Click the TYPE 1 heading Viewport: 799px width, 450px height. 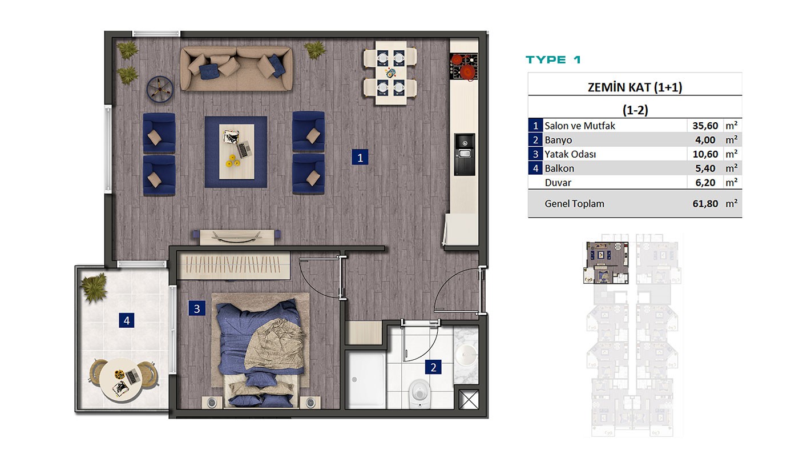pyautogui.click(x=553, y=59)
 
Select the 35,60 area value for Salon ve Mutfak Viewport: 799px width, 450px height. pyautogui.click(x=705, y=126)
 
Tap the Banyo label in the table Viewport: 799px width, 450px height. pyautogui.click(x=558, y=140)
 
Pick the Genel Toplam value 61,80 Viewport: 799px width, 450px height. pyautogui.click(x=705, y=203)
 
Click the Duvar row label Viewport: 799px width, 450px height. pyautogui.click(x=558, y=182)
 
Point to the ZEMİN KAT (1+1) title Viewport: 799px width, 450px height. pyautogui.click(x=635, y=87)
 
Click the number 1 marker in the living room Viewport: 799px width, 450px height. pyautogui.click(x=360, y=158)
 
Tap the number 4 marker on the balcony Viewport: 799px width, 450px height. pyautogui.click(x=127, y=320)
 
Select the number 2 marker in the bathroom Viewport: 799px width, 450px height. pyautogui.click(x=433, y=367)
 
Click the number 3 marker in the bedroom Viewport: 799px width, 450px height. pyautogui.click(x=197, y=308)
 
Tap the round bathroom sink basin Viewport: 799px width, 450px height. pyautogui.click(x=466, y=355)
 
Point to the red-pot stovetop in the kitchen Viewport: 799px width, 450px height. pyautogui.click(x=463, y=67)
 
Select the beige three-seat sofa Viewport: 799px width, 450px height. pyautogui.click(x=236, y=69)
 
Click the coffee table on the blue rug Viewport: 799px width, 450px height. pyautogui.click(x=236, y=151)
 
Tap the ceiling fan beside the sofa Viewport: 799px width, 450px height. pyautogui.click(x=160, y=89)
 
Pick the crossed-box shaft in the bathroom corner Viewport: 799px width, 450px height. pyautogui.click(x=468, y=399)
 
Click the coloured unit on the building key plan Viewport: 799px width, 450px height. pyautogui.click(x=606, y=263)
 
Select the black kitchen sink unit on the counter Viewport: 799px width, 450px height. pyautogui.click(x=465, y=154)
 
